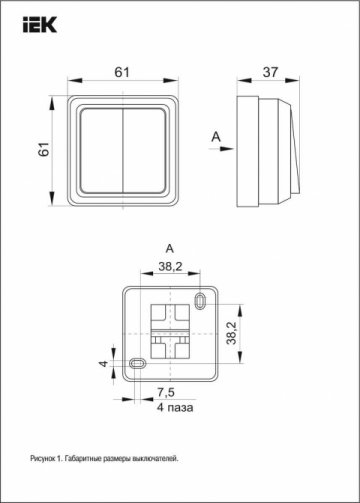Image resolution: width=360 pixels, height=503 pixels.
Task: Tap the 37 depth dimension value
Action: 269,71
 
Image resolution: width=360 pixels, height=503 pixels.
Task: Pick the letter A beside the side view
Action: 215,134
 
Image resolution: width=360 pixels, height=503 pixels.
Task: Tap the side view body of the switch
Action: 265,148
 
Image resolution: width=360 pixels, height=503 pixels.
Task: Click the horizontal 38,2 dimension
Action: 169,267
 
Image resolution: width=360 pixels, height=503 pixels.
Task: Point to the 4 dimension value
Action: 102,362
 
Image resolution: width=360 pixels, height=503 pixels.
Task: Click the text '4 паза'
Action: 174,407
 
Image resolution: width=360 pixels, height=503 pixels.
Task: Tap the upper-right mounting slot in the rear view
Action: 204,299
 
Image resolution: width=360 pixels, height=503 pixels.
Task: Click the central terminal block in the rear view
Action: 169,331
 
